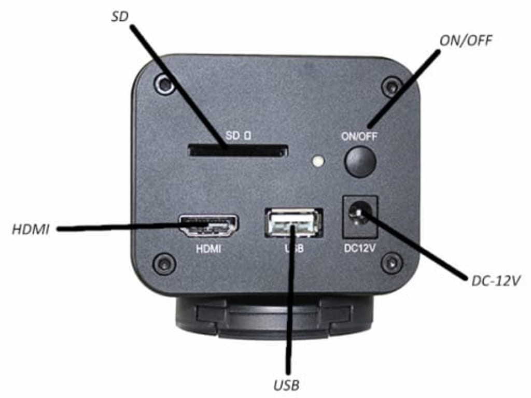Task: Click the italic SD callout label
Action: tap(121, 16)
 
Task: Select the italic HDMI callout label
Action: tap(31, 229)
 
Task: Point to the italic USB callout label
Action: tap(286, 385)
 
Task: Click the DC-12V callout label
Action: tap(496, 281)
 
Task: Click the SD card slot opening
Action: tap(238, 151)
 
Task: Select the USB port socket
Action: tap(294, 223)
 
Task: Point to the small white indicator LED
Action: tap(318, 161)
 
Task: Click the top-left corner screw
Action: tap(164, 83)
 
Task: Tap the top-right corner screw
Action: tap(392, 86)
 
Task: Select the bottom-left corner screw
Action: tap(164, 264)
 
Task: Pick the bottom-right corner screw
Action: tap(392, 263)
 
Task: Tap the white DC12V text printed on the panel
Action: tap(360, 248)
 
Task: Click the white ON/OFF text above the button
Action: tap(359, 137)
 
